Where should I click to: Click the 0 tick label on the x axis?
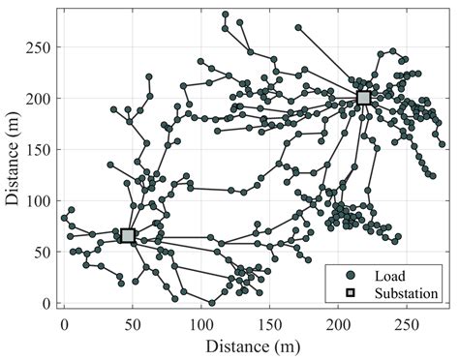(65, 320)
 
